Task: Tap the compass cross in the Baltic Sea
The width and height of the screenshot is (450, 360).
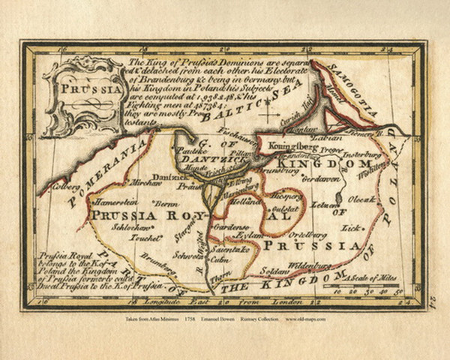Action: pos(268,114)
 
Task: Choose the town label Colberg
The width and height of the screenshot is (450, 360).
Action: pos(66,181)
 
